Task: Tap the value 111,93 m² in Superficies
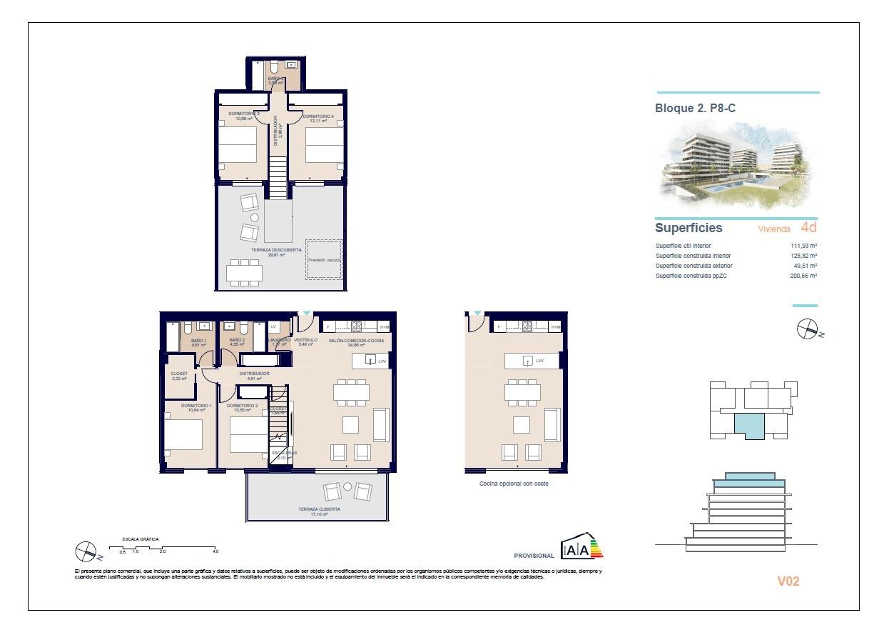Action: (805, 246)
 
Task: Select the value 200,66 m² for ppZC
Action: (804, 276)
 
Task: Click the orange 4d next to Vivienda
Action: (808, 229)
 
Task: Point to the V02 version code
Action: (788, 581)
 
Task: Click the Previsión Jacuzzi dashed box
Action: (324, 260)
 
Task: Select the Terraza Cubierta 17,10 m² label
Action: (318, 511)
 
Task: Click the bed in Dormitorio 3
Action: (238, 145)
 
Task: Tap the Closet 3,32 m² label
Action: (179, 376)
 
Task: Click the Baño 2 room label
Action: (237, 342)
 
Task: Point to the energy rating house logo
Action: (581, 546)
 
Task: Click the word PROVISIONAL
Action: (534, 556)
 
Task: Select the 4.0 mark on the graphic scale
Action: (215, 551)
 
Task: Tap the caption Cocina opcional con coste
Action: (514, 484)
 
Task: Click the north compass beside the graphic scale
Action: (86, 551)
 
